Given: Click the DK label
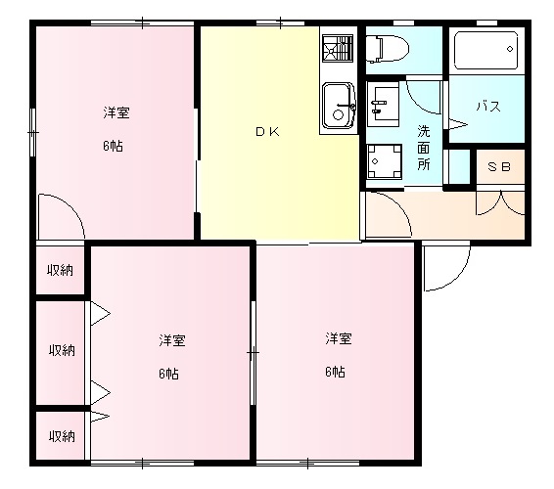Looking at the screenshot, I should point(267,133).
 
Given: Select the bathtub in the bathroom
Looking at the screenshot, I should point(485,48).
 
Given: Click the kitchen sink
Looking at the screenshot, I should point(339,106).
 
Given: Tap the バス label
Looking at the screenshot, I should point(488,106).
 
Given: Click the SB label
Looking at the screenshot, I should point(499,167).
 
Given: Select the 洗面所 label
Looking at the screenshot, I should point(424,148).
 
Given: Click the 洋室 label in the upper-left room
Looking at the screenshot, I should point(116,112).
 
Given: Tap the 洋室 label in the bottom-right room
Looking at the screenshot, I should point(339,338).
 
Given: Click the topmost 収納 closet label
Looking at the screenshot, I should point(63,270).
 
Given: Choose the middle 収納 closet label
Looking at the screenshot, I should point(63,349).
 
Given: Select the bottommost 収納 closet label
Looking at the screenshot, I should point(63,436).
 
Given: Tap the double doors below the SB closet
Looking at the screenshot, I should point(500,201).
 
